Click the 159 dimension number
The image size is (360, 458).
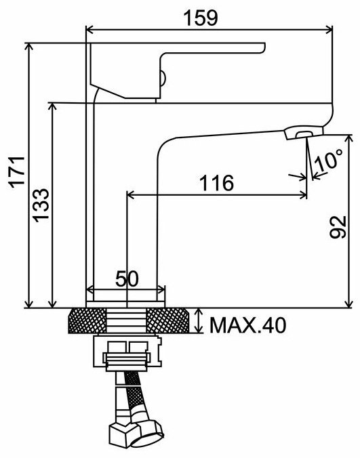201,18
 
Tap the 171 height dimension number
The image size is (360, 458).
17,172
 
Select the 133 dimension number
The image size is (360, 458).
41,205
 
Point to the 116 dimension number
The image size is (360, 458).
216,183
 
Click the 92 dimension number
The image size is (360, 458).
338,227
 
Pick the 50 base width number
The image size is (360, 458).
127,278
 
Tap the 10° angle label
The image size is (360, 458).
329,160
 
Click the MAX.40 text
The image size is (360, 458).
248,325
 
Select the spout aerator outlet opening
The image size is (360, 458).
304,134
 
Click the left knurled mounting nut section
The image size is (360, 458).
87,320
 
